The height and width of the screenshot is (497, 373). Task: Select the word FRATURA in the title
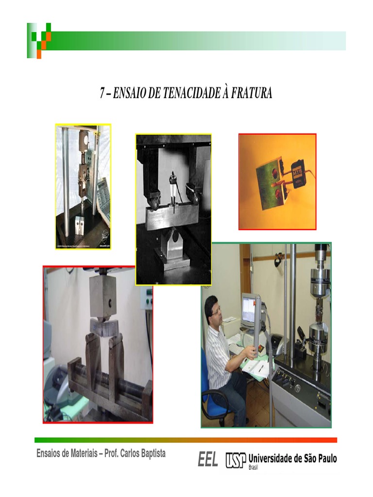(x=252, y=94)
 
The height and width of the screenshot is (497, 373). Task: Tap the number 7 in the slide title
(x=102, y=94)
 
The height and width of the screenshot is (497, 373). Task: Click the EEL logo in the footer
(x=208, y=459)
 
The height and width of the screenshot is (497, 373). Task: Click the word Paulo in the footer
(x=325, y=458)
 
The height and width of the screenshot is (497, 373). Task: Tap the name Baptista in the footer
(x=148, y=453)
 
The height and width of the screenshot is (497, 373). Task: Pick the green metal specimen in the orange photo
(x=269, y=185)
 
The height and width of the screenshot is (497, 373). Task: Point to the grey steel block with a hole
(x=103, y=296)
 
